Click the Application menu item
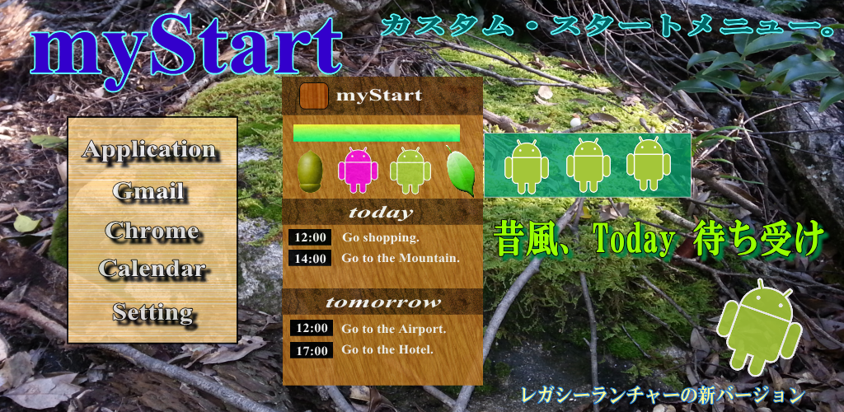point(150,150)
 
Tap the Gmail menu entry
point(149,191)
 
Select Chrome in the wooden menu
point(152,231)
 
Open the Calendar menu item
point(152,269)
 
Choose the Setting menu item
point(153,312)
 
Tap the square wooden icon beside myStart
point(314,96)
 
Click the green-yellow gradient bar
point(376,133)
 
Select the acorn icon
point(310,171)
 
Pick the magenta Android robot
point(358,170)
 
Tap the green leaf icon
point(461,171)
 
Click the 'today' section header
point(381,213)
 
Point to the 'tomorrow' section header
point(382,302)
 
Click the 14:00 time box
point(310,258)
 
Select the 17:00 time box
point(311,351)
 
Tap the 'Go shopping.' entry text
point(381,238)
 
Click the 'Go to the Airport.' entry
point(393,329)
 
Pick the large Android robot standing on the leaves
point(759,327)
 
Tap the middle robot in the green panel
point(588,165)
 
